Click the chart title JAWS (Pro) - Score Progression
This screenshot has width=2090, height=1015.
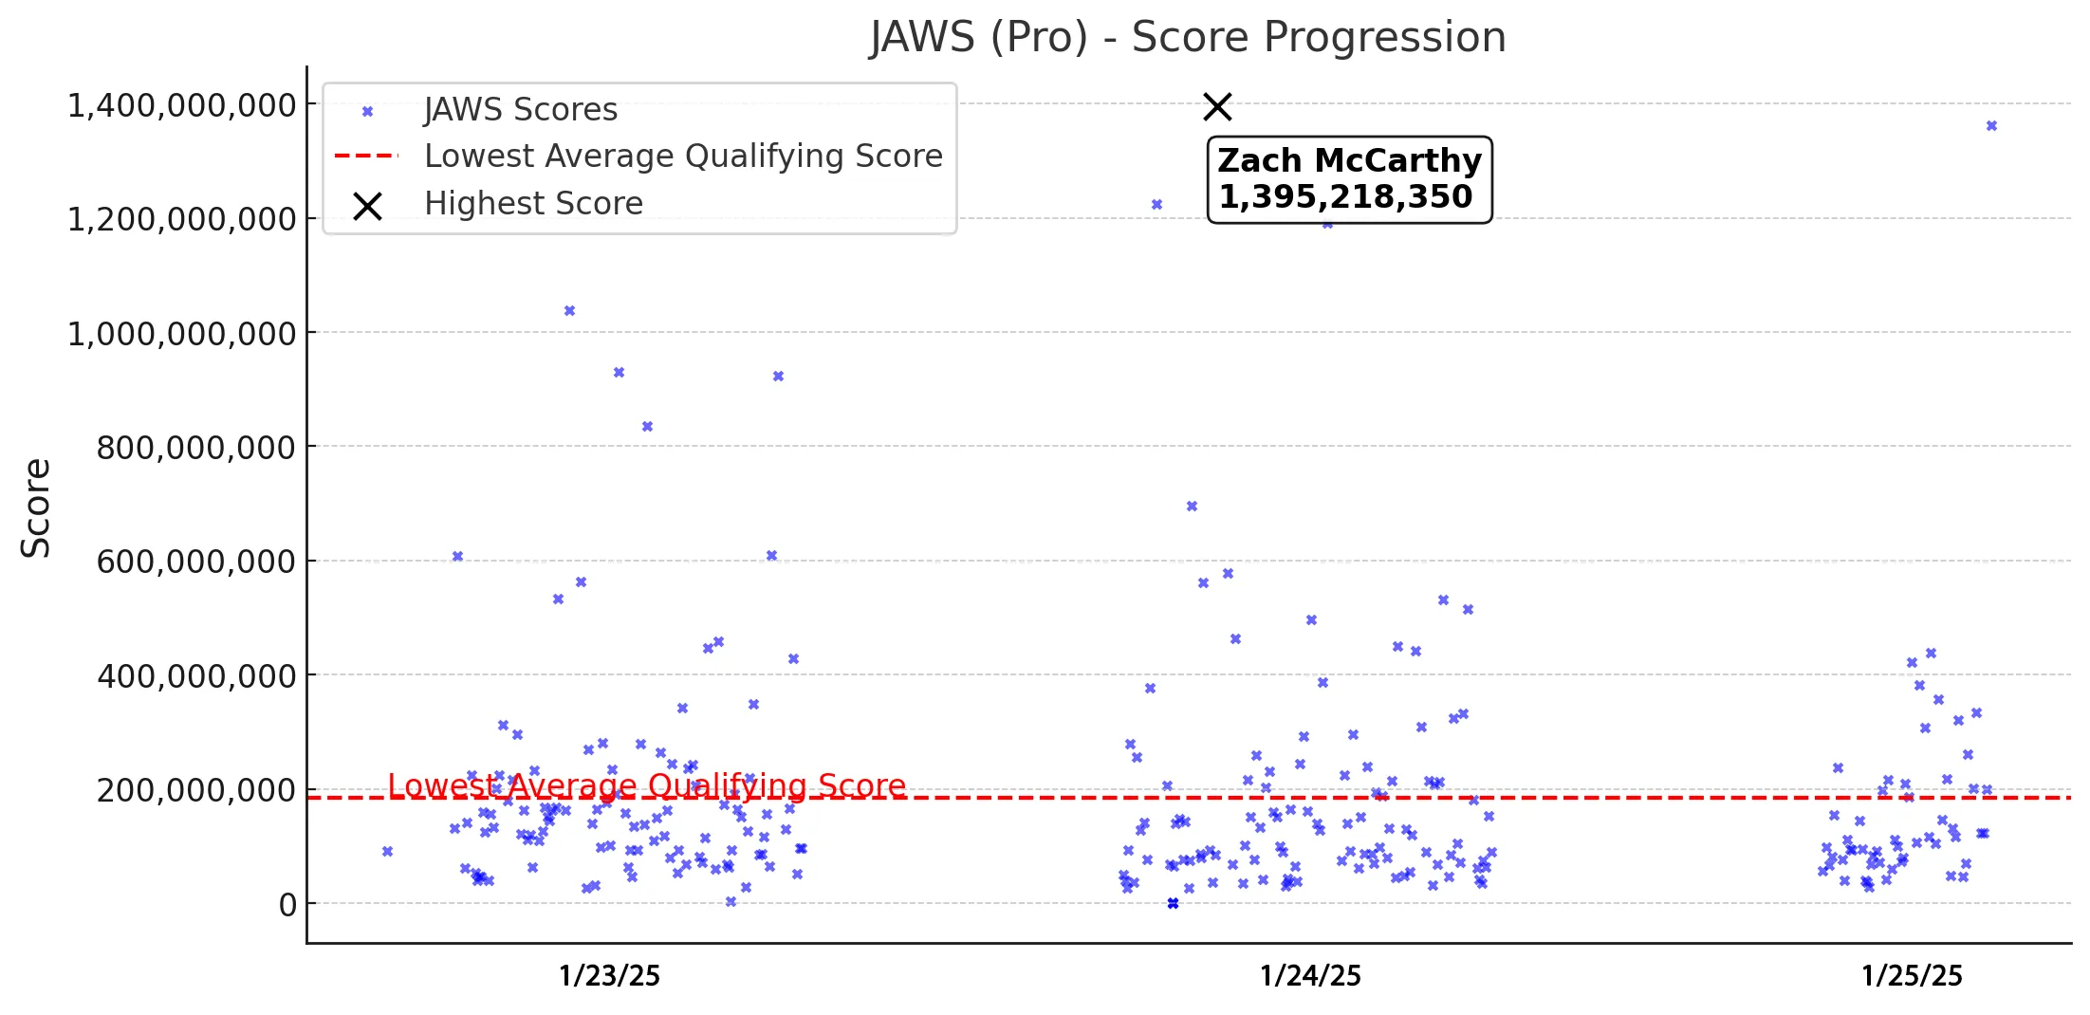[1188, 38]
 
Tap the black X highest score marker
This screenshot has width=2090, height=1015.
[1217, 107]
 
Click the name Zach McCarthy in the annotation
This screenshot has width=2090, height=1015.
[1349, 161]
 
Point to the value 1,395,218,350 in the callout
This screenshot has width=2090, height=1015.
[1345, 197]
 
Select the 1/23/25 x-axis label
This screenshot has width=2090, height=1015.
[609, 976]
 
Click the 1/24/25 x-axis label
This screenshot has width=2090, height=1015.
[1310, 976]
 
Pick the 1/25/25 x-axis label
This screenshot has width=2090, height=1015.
[1912, 976]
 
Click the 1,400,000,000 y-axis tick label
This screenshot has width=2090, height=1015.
[181, 105]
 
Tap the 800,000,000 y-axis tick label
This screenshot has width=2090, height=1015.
[195, 448]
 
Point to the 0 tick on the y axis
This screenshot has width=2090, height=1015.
[287, 905]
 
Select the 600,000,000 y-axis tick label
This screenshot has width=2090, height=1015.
[195, 562]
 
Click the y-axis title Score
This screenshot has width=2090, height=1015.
[36, 507]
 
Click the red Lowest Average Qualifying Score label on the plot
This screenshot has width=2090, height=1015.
[647, 785]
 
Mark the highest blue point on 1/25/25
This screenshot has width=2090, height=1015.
[1991, 126]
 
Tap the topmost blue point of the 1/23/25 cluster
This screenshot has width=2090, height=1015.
[569, 311]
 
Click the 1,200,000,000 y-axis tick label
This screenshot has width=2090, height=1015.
[181, 220]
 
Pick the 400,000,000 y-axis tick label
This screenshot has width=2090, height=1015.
[195, 676]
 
